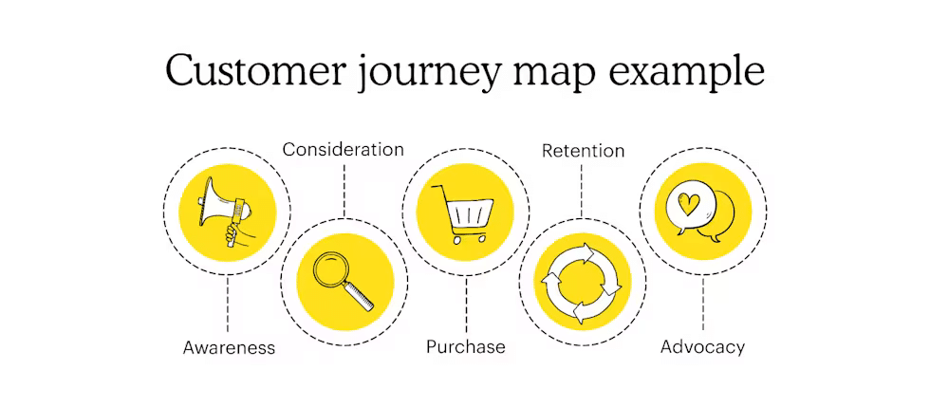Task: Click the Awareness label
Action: coord(229,347)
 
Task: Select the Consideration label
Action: coord(344,150)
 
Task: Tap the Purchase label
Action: coord(465,347)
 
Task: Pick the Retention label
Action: coord(583,151)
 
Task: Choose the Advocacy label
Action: coord(702,346)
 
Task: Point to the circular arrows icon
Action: coord(582,283)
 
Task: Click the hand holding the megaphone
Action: coord(232,231)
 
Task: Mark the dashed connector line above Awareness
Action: coord(228,304)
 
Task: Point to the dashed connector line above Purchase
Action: coord(465,304)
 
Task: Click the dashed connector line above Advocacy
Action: coord(703,304)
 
